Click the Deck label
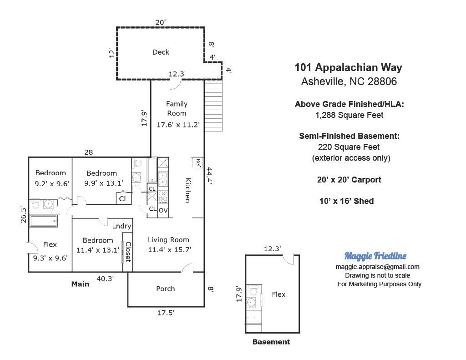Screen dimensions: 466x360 pyautogui.click(x=161, y=52)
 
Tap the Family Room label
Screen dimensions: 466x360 pyautogui.click(x=177, y=108)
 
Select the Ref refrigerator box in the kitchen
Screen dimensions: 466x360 pyautogui.click(x=198, y=162)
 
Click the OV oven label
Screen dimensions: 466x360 pyautogui.click(x=163, y=210)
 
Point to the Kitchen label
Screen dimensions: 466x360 pyautogui.click(x=188, y=190)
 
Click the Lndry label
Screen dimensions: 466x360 pyautogui.click(x=122, y=226)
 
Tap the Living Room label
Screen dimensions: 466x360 pyautogui.click(x=168, y=239)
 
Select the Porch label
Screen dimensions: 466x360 pyautogui.click(x=166, y=289)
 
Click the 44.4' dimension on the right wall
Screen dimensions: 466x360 pyautogui.click(x=209, y=176)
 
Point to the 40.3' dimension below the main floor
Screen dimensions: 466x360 pyautogui.click(x=105, y=279)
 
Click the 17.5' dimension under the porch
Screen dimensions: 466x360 pyautogui.click(x=166, y=312)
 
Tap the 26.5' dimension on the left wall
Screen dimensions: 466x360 pyautogui.click(x=24, y=215)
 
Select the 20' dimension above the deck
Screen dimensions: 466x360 pyautogui.click(x=161, y=22)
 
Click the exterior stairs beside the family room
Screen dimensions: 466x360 pyautogui.click(x=213, y=106)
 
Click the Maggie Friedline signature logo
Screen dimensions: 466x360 pyautogui.click(x=375, y=256)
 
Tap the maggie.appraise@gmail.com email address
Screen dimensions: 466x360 pyautogui.click(x=377, y=267)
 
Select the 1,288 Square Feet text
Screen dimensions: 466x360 pyautogui.click(x=349, y=115)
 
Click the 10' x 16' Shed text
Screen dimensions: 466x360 pyautogui.click(x=346, y=201)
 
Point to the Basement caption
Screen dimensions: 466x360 pyautogui.click(x=271, y=342)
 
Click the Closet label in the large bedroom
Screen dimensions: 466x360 pyautogui.click(x=128, y=252)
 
